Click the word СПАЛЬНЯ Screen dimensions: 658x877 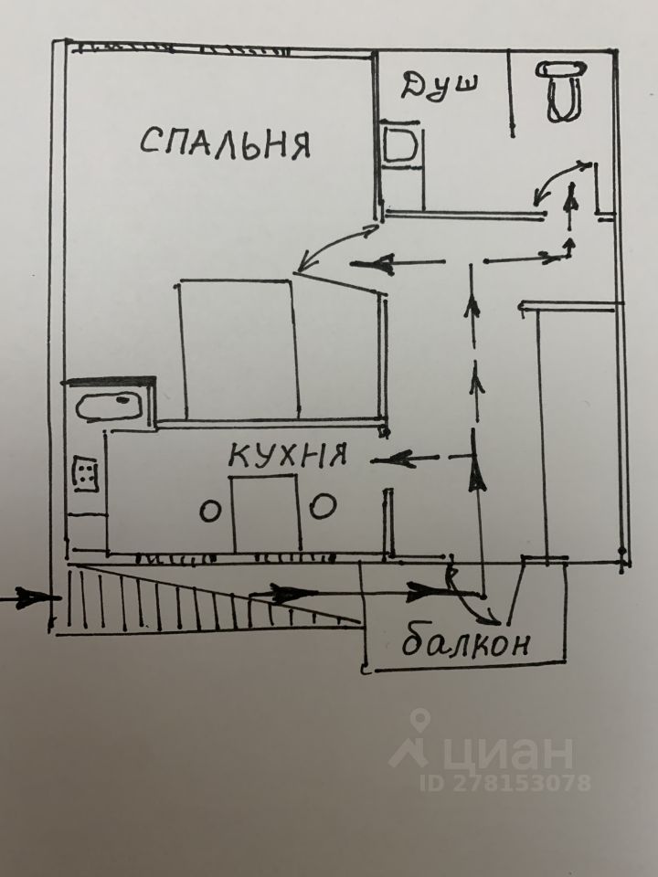tap(226, 143)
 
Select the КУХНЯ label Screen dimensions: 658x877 tap(286, 454)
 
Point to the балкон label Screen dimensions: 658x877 tap(464, 644)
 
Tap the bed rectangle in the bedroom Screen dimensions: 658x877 tap(239, 347)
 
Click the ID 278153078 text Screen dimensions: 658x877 tap(504, 783)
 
